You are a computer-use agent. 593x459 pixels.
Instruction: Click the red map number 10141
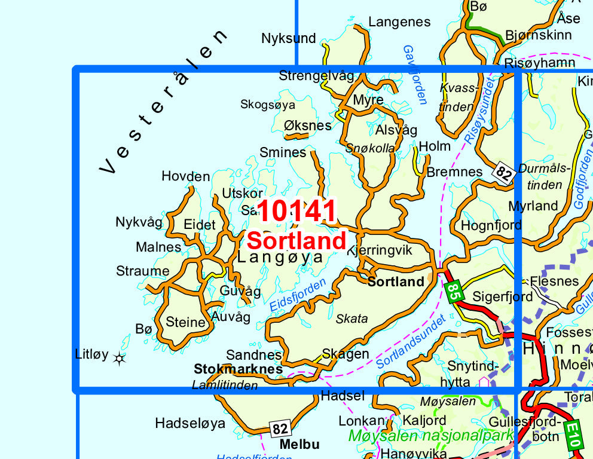tap(297, 212)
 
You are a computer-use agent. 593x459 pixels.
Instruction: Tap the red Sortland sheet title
tap(296, 241)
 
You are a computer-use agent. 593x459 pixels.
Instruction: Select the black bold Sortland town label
tap(395, 281)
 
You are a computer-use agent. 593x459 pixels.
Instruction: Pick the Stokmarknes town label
tap(238, 369)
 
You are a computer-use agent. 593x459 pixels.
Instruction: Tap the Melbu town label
tap(299, 444)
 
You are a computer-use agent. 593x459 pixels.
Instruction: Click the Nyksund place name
tap(288, 38)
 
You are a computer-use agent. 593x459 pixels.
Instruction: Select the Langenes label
tap(399, 22)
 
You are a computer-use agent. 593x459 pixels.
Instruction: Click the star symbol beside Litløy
tap(120, 359)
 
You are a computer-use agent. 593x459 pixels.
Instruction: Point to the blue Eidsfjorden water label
tap(298, 295)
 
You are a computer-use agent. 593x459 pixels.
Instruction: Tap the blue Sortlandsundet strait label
tap(412, 341)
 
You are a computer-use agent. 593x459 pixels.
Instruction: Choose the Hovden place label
tap(185, 176)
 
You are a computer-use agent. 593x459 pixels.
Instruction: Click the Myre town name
tap(368, 100)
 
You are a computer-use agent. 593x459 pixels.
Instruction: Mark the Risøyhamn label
tap(540, 62)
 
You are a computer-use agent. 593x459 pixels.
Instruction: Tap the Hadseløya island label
tap(189, 423)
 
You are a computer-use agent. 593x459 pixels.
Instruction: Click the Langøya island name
tap(280, 258)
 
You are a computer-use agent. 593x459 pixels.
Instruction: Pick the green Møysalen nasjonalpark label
tap(430, 435)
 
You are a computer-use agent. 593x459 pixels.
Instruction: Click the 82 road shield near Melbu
tap(280, 429)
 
